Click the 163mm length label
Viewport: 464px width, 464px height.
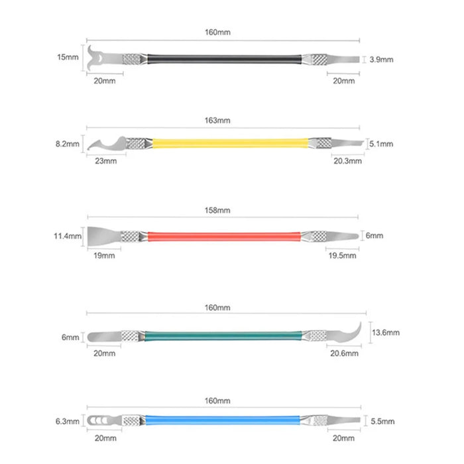point(217,121)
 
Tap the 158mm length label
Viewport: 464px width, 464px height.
point(217,210)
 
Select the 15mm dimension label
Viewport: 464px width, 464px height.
point(68,57)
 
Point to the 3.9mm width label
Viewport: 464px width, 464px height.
point(381,60)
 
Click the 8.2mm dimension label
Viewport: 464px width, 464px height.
point(68,144)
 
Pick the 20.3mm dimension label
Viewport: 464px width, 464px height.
point(348,161)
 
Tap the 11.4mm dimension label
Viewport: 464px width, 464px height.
point(68,236)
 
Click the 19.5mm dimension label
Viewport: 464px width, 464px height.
point(343,256)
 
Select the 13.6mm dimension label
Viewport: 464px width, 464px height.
point(386,333)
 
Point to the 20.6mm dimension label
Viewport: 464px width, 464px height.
point(345,353)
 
